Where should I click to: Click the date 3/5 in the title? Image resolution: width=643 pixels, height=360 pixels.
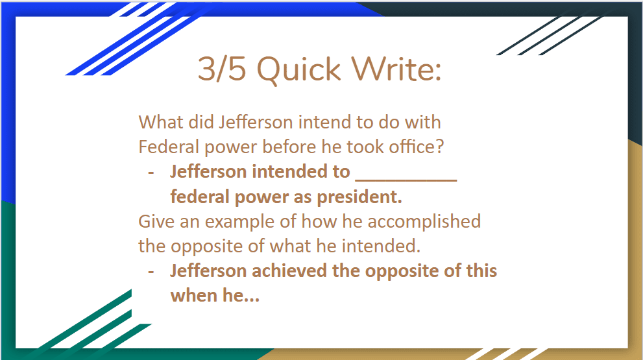(222, 69)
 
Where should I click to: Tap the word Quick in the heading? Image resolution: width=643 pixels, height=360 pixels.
(298, 69)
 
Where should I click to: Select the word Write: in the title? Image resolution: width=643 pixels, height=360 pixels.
(396, 69)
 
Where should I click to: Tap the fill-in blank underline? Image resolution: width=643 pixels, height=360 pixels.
(406, 180)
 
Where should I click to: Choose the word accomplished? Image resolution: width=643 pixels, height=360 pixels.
(424, 222)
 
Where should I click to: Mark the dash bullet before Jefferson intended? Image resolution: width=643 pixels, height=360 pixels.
(151, 173)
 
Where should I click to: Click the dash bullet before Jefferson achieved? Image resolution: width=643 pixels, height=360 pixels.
(151, 272)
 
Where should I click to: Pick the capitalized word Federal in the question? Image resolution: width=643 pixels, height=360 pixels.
(169, 147)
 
